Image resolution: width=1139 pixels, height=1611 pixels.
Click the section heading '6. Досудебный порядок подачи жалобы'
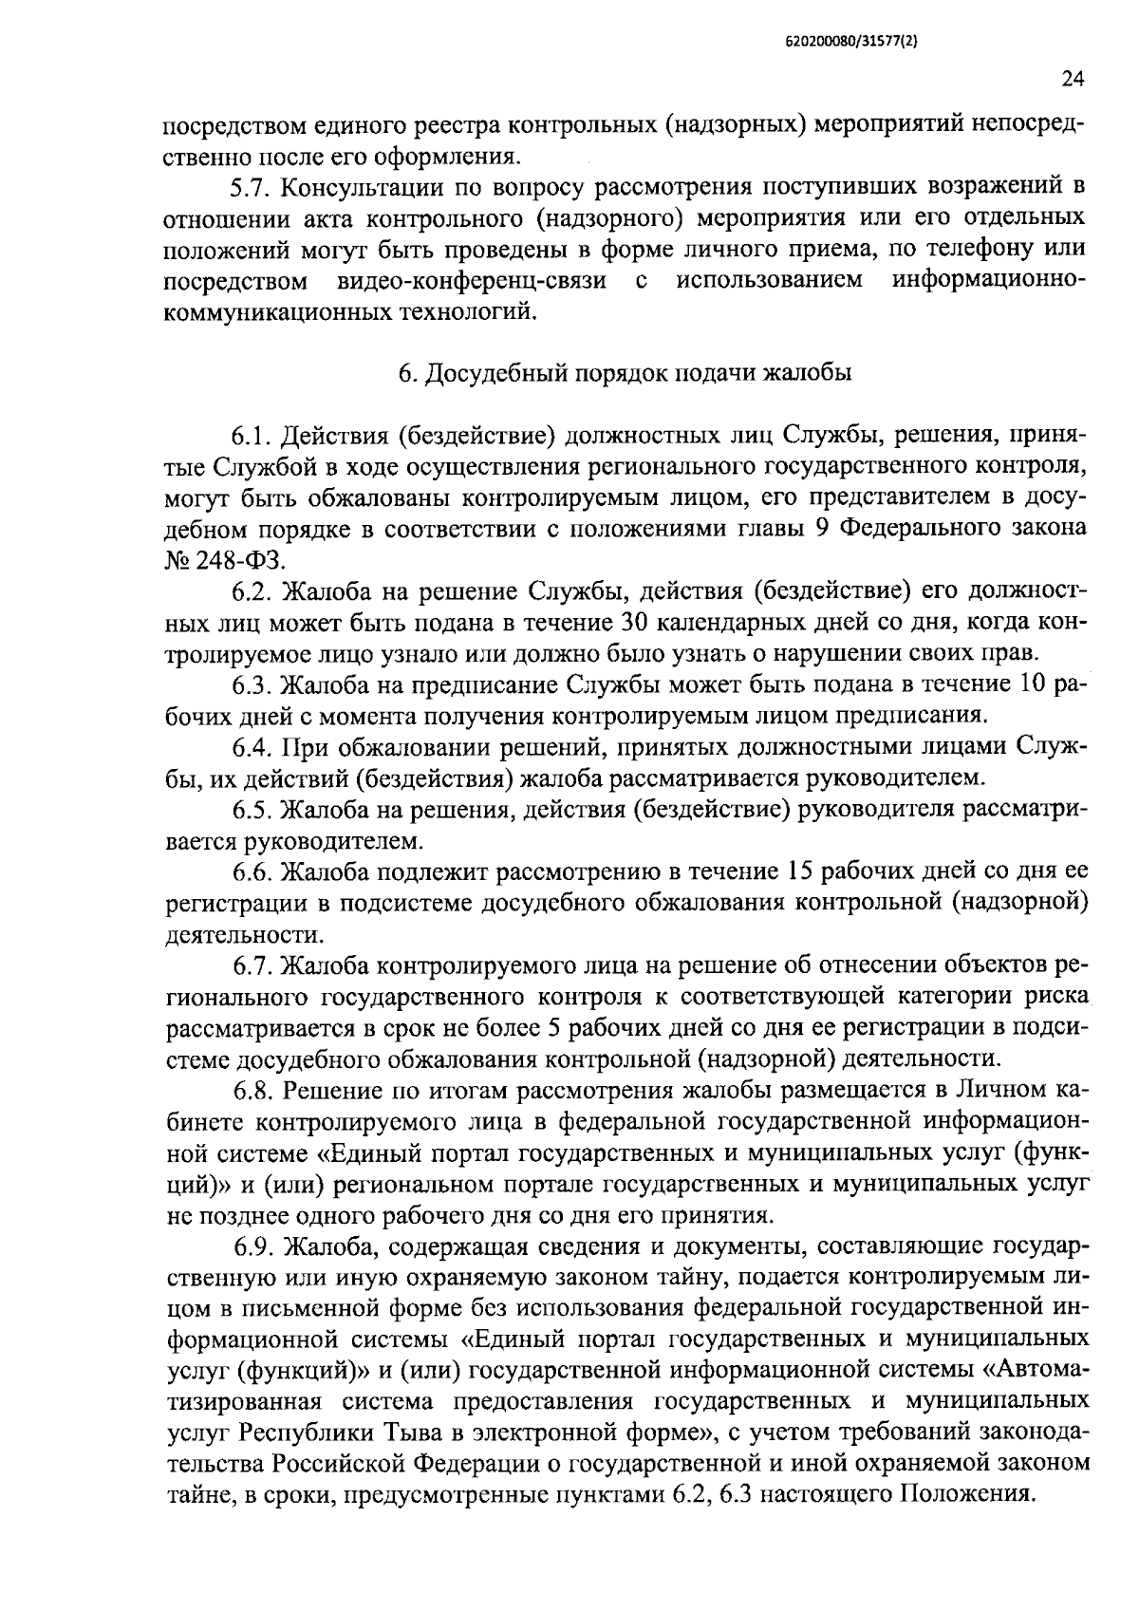[625, 373]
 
